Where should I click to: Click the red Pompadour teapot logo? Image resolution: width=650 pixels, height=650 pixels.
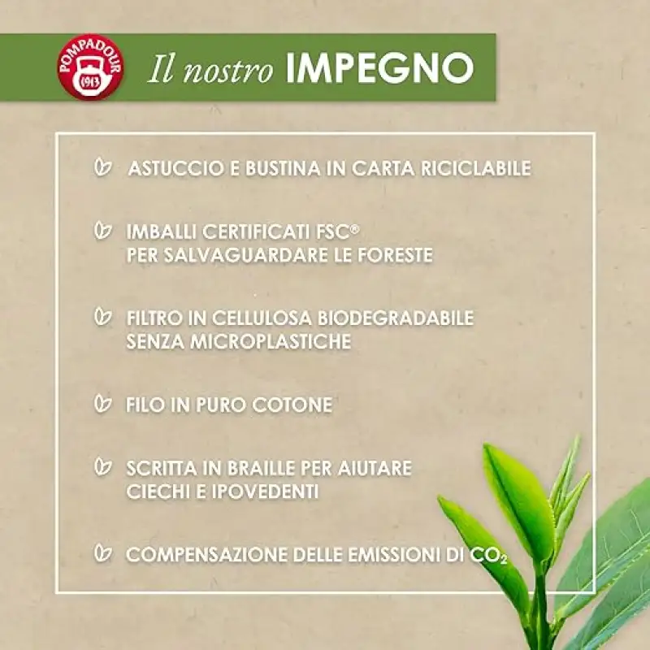tap(91, 67)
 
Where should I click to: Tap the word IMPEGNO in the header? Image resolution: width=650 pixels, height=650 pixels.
tap(379, 68)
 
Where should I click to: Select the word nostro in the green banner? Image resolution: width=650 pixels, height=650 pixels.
tap(228, 69)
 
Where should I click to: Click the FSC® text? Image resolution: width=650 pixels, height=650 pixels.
tap(338, 232)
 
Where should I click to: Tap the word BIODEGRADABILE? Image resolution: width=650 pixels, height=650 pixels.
tap(396, 318)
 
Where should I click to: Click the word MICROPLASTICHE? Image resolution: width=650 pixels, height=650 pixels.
tap(271, 341)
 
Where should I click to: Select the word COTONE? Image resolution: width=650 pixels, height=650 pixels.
tap(292, 405)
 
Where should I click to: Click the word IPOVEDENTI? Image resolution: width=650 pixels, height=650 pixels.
tap(265, 492)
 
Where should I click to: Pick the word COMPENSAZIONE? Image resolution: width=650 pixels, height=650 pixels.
tap(206, 555)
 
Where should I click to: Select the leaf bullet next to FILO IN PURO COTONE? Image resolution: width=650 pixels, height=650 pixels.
tap(103, 403)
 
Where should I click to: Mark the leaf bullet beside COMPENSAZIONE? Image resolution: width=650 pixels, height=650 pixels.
tap(103, 552)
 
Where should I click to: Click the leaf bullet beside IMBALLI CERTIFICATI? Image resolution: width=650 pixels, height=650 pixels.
tap(103, 231)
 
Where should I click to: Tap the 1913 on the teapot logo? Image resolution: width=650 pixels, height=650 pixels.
tap(91, 83)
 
